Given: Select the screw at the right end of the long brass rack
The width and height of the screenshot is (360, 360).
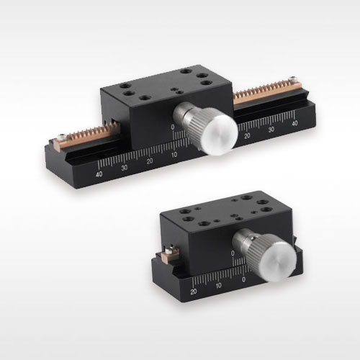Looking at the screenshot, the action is tap(292, 79).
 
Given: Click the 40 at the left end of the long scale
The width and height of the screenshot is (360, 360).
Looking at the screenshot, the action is tap(99, 174).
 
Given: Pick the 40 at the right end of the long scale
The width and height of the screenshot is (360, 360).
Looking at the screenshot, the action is tap(294, 123).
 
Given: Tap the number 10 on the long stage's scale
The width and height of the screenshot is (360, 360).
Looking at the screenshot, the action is tap(174, 154).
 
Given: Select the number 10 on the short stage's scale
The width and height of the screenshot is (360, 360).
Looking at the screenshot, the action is tap(218, 286).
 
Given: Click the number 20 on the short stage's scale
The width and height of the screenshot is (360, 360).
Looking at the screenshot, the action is tap(194, 292).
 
